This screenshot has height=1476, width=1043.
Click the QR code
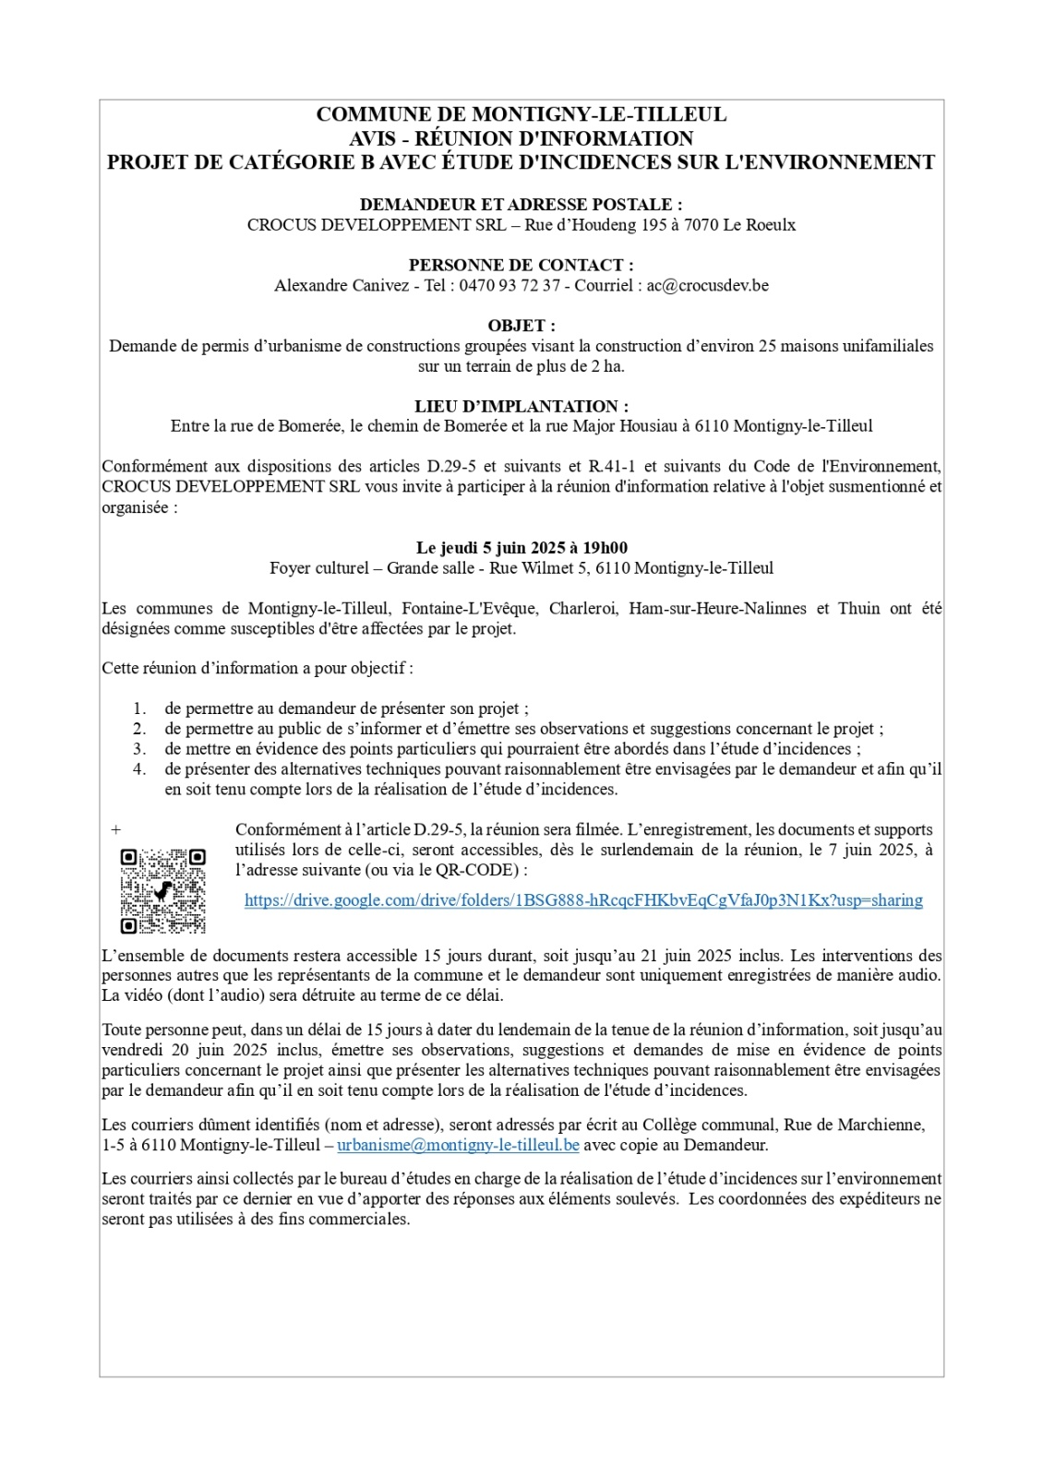click(x=162, y=890)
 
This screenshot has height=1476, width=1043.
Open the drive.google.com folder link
click(x=583, y=900)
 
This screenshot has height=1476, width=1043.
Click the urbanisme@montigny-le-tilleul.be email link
click(x=458, y=1145)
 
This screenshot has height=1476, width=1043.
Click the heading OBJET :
click(x=521, y=326)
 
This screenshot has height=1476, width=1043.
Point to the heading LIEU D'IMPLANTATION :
click(x=521, y=406)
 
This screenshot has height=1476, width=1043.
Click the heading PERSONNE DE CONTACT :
click(x=521, y=266)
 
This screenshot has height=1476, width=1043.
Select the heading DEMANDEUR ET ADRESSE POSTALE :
click(x=521, y=205)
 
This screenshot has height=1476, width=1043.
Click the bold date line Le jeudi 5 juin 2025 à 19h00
click(x=521, y=548)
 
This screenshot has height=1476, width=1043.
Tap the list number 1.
click(x=139, y=708)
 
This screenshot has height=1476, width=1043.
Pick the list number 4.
click(x=139, y=769)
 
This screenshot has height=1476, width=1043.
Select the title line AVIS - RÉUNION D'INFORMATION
click(x=521, y=138)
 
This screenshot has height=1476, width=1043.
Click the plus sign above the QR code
click(x=116, y=830)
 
